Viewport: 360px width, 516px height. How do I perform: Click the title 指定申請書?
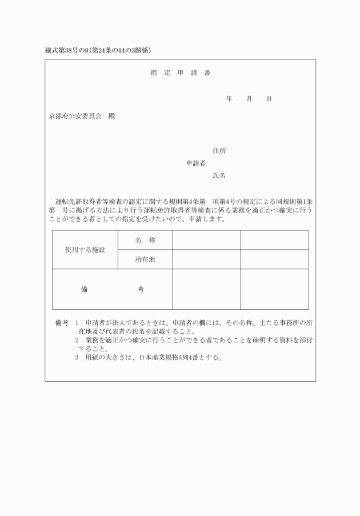point(180,73)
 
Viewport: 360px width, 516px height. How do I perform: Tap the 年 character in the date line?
point(229,99)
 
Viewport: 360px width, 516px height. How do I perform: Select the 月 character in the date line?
point(249,99)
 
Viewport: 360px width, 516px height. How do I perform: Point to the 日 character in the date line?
point(269,99)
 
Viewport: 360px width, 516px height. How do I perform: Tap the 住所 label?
point(219,151)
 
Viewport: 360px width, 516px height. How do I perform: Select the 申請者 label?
point(195,163)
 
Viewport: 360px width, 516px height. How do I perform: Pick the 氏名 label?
point(219,175)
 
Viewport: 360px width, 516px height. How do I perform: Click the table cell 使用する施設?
point(85,250)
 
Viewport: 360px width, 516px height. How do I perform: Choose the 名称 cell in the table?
point(145,240)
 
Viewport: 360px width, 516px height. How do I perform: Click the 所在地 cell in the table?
point(145,259)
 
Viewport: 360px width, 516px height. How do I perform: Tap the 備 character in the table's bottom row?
point(84,289)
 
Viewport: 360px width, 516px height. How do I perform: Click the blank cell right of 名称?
point(206,240)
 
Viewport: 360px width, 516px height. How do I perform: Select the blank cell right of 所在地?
point(206,259)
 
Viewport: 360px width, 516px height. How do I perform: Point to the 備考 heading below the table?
point(62,323)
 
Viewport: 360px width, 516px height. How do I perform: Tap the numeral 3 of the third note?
point(77,358)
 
